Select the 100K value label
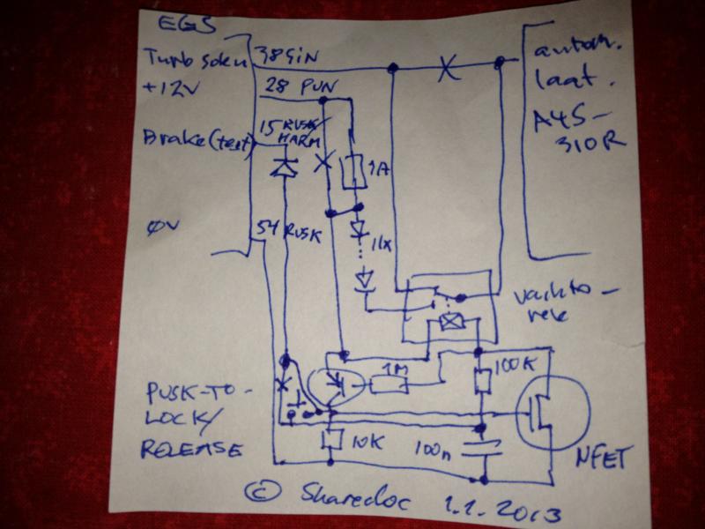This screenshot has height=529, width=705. (x=510, y=364)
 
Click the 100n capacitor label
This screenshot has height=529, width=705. (x=433, y=452)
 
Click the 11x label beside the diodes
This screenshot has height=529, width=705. (x=383, y=240)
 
